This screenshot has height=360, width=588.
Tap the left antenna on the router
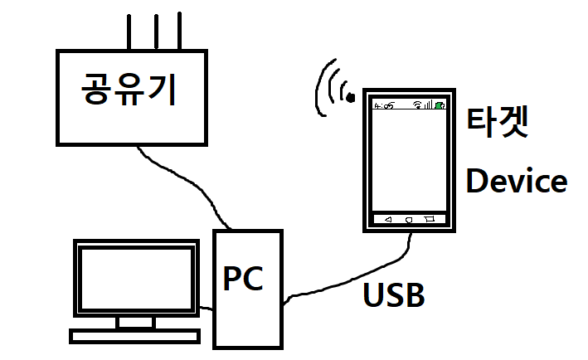pos(129,31)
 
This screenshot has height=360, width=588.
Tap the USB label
pos(395,294)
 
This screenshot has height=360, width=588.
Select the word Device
pos(516,181)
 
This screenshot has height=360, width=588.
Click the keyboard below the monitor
pos(136,336)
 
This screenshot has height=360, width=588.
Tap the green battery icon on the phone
pos(439,105)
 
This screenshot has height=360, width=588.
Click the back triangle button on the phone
pos(387,220)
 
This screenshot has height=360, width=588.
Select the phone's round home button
pos(408,220)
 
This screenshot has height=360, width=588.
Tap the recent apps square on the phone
pos(429,220)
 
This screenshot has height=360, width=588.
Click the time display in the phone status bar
pos(384,106)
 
